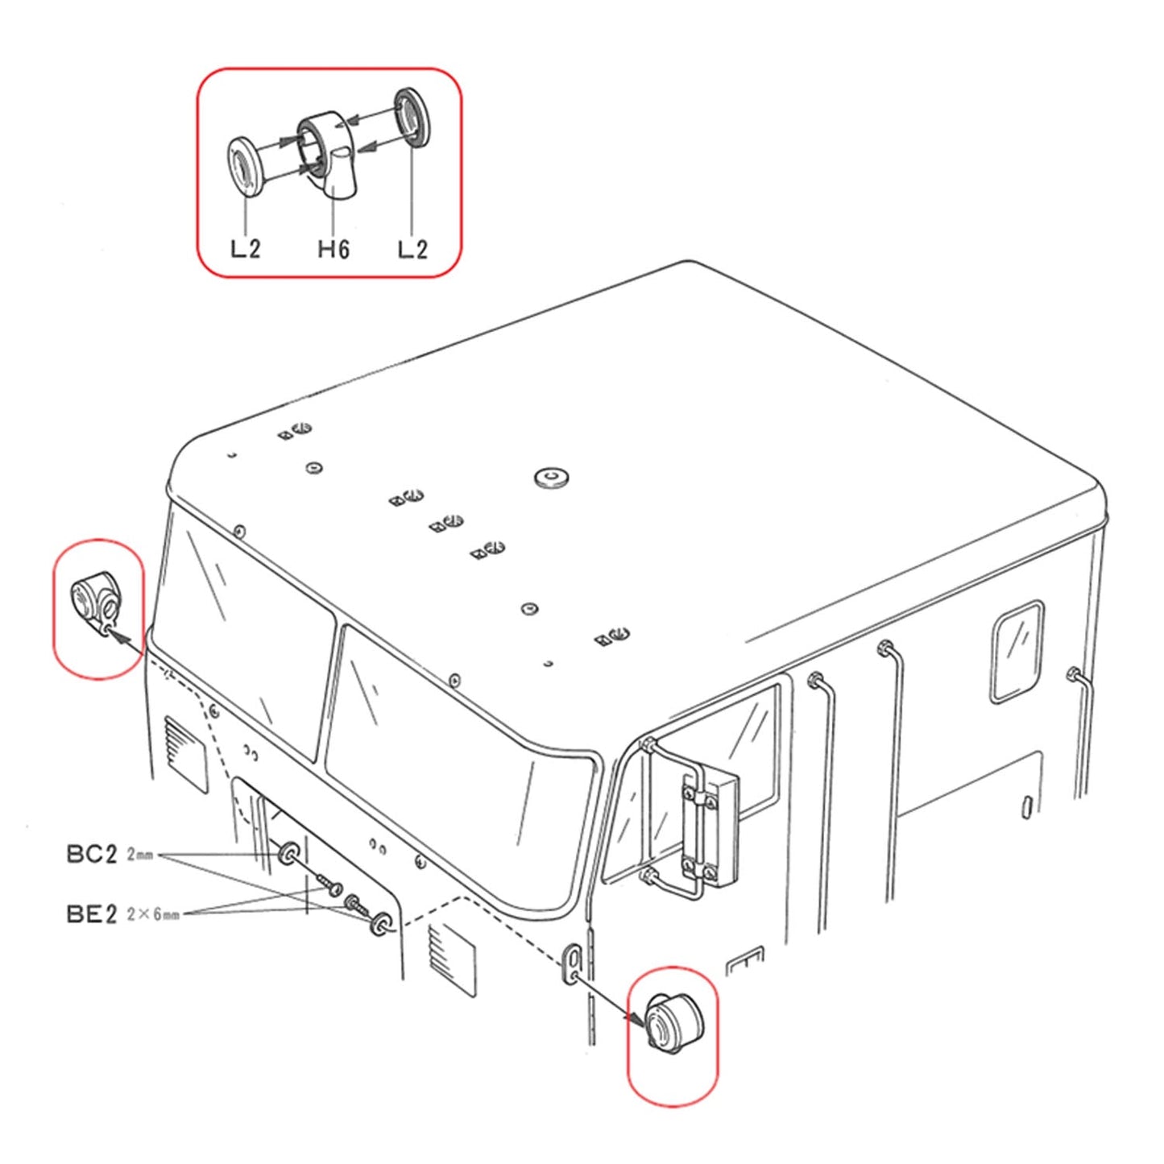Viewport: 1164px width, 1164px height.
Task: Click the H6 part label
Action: tap(333, 249)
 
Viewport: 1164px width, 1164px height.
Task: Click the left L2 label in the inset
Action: tap(245, 249)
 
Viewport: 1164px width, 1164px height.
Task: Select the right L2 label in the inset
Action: tap(412, 249)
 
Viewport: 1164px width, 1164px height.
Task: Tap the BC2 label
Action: tap(91, 854)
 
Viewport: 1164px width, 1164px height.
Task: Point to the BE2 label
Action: tap(91, 913)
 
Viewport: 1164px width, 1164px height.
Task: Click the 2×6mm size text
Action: tap(152, 914)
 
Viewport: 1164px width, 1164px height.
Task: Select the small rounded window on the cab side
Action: tap(1016, 651)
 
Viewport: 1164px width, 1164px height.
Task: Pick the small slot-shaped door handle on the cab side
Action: tap(1027, 806)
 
